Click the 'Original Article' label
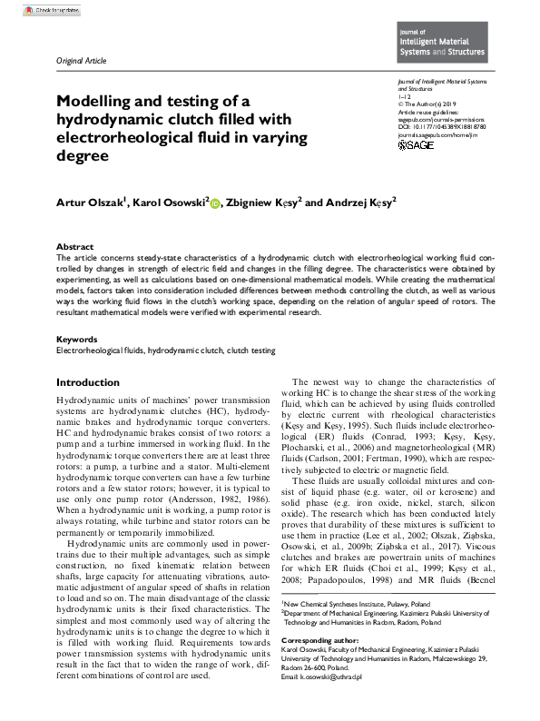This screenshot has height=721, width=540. pyautogui.click(x=82, y=60)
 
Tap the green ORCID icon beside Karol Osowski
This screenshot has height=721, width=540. pyautogui.click(x=216, y=204)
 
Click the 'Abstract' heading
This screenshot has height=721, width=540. pyautogui.click(x=74, y=247)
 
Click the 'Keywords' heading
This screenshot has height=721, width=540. pyautogui.click(x=77, y=339)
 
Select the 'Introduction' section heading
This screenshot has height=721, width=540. pyautogui.click(x=88, y=382)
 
